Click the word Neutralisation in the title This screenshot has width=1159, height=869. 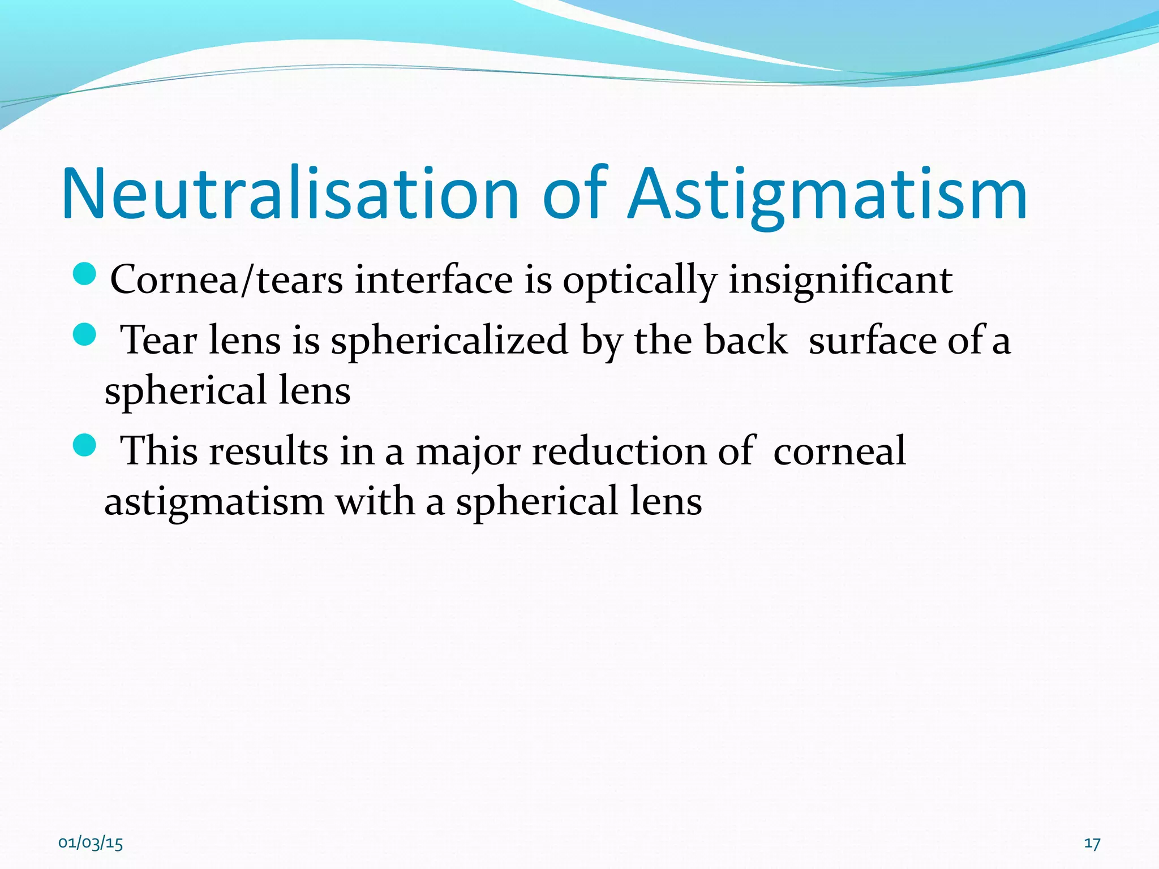(x=290, y=193)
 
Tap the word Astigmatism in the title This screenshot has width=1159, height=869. (x=827, y=193)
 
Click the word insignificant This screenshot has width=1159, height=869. (x=840, y=279)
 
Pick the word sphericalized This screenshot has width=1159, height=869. (x=449, y=342)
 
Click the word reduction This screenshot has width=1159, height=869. (x=619, y=451)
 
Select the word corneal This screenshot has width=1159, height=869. (x=839, y=451)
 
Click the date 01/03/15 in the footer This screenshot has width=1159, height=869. (x=91, y=844)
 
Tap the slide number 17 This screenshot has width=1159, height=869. (x=1092, y=844)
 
